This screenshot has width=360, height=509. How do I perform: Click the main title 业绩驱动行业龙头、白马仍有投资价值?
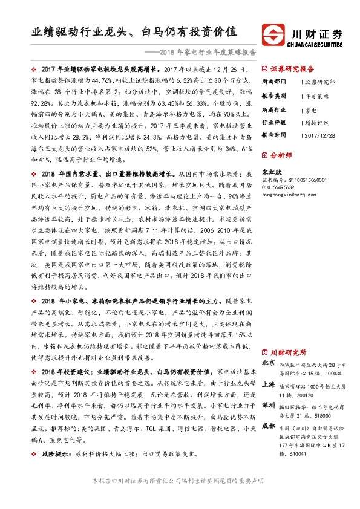[x=134, y=32]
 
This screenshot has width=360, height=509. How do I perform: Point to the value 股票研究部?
[x=319, y=81]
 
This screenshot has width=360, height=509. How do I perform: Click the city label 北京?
[x=268, y=362]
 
